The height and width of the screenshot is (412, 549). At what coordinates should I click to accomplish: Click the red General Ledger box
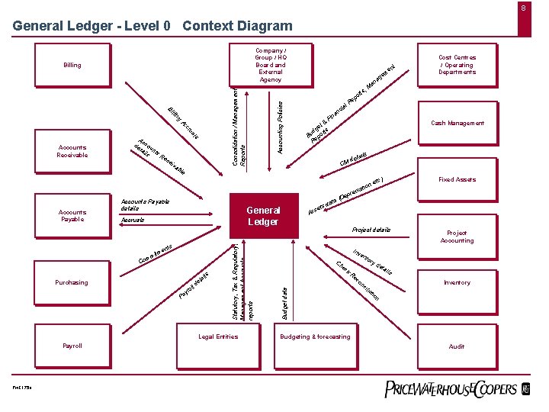(263, 215)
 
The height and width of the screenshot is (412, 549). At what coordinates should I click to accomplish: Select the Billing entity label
(72, 66)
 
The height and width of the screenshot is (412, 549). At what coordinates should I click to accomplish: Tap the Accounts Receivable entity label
(72, 151)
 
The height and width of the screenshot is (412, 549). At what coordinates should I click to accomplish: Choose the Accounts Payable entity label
(72, 215)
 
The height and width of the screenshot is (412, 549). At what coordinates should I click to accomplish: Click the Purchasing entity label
(72, 282)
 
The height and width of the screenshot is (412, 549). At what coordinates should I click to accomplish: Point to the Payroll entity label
(72, 346)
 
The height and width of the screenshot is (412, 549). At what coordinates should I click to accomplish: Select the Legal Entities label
(218, 336)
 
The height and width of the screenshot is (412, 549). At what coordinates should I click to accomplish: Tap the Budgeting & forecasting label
(315, 336)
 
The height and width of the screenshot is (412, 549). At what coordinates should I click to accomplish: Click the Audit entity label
(457, 346)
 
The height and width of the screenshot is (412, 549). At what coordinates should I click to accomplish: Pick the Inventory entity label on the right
(457, 282)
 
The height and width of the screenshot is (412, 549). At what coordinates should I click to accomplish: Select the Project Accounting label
(457, 237)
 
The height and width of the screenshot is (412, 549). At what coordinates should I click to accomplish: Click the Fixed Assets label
(457, 179)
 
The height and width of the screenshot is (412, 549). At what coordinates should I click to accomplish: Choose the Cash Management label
(457, 123)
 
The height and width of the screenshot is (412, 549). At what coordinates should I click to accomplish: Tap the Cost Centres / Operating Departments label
(457, 65)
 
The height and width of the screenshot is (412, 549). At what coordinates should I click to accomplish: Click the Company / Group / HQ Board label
(271, 65)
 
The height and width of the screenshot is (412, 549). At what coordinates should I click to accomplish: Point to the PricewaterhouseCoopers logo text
(450, 389)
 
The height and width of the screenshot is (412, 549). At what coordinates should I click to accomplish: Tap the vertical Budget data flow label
(284, 302)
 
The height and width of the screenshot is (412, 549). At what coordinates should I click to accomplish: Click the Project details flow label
(371, 229)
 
